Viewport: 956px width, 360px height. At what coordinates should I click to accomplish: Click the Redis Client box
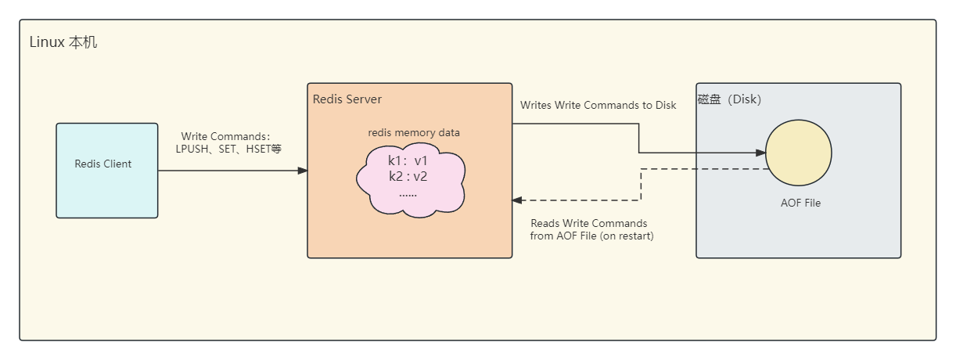[106, 170]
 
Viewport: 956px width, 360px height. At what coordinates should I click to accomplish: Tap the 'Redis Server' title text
[347, 99]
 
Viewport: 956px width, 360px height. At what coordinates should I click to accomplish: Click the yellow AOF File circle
[798, 153]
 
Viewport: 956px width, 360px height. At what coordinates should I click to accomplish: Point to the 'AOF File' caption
[800, 203]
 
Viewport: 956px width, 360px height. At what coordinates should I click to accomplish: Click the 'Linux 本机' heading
[63, 42]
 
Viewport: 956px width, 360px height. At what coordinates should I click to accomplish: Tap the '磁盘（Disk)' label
[729, 99]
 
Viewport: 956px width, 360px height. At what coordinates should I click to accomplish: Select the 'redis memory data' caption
[414, 132]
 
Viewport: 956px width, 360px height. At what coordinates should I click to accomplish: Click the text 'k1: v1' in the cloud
[408, 161]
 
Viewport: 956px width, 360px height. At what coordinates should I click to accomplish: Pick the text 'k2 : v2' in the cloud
[408, 176]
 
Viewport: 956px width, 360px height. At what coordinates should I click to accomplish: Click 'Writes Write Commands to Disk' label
[598, 105]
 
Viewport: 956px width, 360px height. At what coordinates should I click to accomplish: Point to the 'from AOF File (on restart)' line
[591, 236]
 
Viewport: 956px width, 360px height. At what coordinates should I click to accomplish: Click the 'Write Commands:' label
[225, 136]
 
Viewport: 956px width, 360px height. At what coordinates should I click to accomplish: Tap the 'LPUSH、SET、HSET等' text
[228, 148]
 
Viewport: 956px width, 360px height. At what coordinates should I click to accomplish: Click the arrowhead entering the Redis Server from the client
[303, 170]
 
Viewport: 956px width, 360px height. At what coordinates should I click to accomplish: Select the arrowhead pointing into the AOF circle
[760, 153]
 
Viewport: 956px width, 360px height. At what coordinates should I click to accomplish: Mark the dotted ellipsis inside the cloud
[408, 193]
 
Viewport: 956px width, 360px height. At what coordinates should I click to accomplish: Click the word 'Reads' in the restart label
[545, 223]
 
